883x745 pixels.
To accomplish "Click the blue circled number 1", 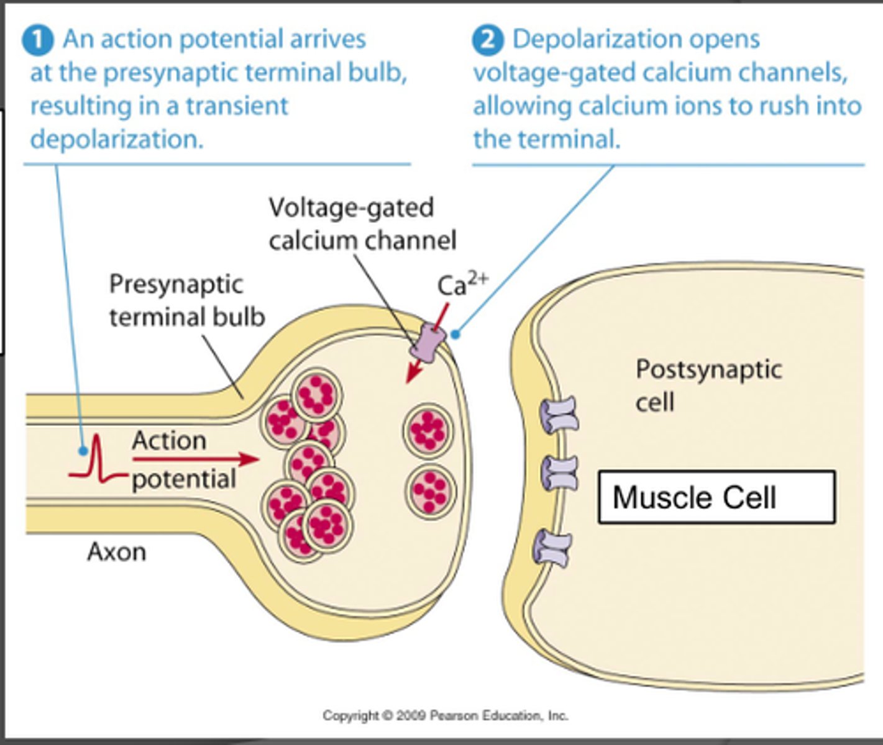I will pos(39,40).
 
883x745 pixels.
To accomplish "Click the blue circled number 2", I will pos(487,40).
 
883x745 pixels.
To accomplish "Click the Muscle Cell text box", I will pos(716,497).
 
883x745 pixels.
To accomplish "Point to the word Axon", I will pos(117,551).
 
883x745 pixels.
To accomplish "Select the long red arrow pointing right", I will pos(195,459).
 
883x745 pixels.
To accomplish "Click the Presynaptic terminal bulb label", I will pos(186,300).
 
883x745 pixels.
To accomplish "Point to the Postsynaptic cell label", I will pos(708,385).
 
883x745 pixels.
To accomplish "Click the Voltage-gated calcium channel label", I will pos(362,223).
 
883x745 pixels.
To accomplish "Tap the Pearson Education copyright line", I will pos(445,716).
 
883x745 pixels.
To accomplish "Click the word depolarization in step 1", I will pos(116,139).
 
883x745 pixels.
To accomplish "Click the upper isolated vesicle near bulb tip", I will pos(428,430).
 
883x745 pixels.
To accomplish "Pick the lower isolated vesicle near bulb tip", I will pos(431,490).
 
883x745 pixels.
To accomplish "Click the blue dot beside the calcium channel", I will pos(455,335).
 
